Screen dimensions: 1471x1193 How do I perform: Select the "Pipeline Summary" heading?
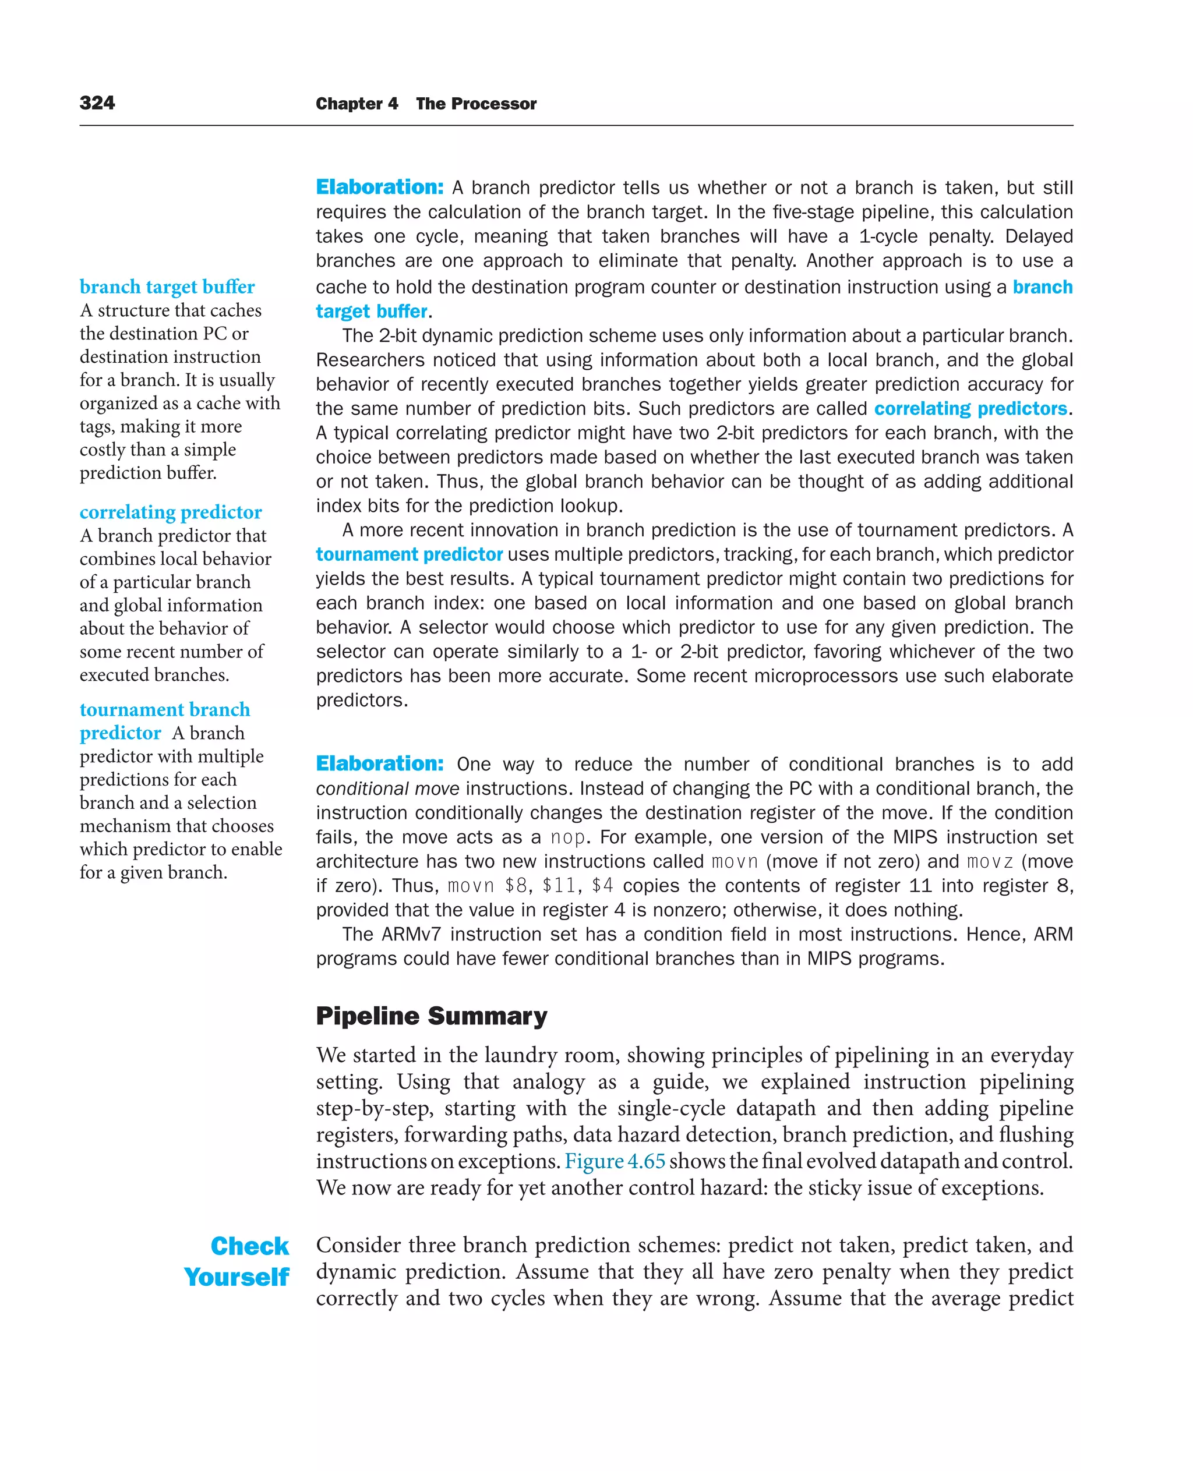click(x=431, y=1016)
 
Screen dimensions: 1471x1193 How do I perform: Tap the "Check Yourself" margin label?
click(x=237, y=1261)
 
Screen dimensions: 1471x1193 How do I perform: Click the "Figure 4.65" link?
click(x=615, y=1161)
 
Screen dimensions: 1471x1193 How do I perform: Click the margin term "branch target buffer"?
click(x=167, y=287)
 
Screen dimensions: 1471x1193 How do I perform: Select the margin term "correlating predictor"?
click(x=171, y=512)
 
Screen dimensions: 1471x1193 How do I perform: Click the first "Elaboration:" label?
click(x=379, y=187)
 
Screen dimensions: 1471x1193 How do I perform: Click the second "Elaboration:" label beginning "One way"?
click(x=379, y=763)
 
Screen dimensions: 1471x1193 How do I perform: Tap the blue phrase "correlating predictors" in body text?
click(x=970, y=409)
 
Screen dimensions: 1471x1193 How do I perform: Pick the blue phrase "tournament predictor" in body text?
click(x=409, y=554)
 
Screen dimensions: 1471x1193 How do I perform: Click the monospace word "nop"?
click(x=567, y=837)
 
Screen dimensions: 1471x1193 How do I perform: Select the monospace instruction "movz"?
click(x=990, y=861)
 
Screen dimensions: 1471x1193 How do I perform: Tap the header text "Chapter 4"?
click(x=357, y=104)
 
